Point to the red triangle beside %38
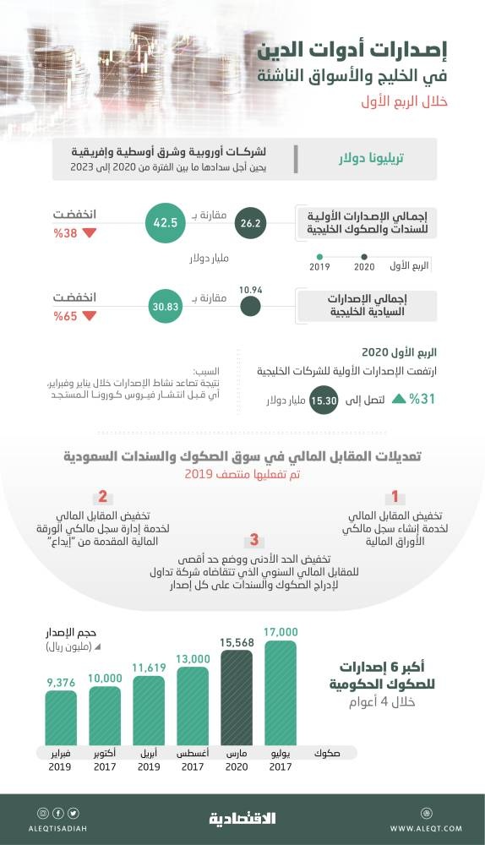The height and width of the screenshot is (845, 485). click(x=90, y=233)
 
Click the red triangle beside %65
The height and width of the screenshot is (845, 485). click(x=90, y=317)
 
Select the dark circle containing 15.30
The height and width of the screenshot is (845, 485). click(x=324, y=399)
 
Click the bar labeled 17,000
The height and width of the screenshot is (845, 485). click(x=281, y=693)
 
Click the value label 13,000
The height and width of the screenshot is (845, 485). click(x=193, y=659)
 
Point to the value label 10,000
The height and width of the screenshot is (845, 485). click(x=105, y=678)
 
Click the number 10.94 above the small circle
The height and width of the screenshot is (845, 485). click(x=250, y=290)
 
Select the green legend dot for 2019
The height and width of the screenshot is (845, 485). click(x=319, y=257)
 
